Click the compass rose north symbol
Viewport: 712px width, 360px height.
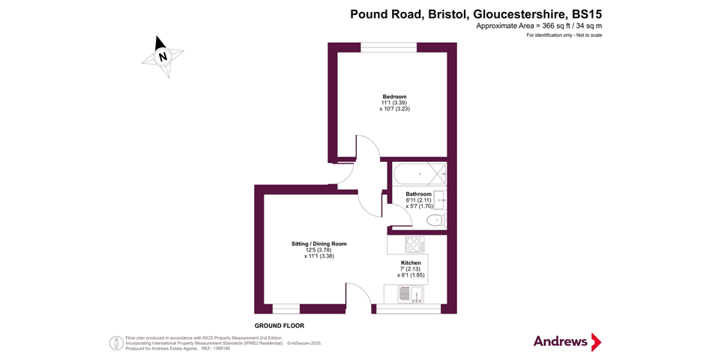(163, 56)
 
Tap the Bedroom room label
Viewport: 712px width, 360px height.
(394, 97)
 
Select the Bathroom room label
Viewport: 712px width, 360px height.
(418, 194)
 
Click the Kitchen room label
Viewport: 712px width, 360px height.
(410, 262)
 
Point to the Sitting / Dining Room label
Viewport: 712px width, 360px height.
(319, 244)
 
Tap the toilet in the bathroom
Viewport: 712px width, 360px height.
(434, 220)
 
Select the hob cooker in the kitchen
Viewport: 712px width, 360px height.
(414, 244)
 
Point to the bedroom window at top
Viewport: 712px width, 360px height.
(389, 48)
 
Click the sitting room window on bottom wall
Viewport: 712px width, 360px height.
(286, 308)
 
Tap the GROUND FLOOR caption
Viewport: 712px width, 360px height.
(280, 326)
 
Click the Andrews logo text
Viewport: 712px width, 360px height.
(561, 341)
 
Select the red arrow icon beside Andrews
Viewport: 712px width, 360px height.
(597, 342)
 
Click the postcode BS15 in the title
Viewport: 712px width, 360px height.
(587, 13)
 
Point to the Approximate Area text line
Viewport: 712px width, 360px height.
(539, 26)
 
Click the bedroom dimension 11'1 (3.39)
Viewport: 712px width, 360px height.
(394, 103)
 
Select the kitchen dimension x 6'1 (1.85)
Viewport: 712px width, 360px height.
(411, 275)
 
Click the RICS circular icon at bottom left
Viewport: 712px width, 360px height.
(116, 343)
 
